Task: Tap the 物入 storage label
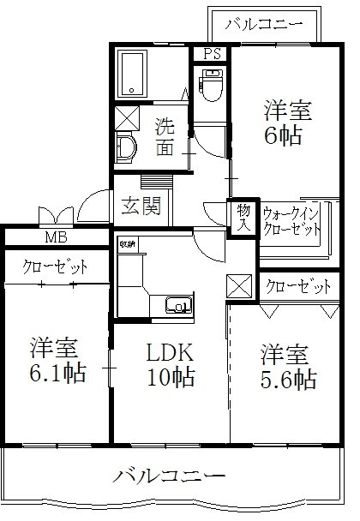tap(243, 218)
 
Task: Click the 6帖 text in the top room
tap(282, 135)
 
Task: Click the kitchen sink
tap(178, 304)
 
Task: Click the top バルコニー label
tap(264, 24)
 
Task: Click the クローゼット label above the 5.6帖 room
tap(297, 286)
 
